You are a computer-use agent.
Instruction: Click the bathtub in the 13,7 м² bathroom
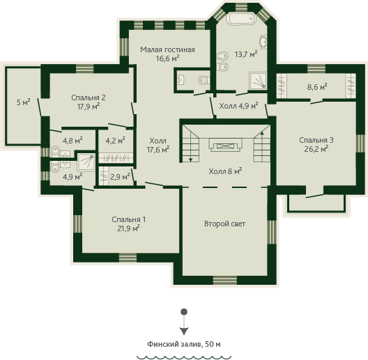click(240, 18)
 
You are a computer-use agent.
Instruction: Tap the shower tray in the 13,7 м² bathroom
click(258, 81)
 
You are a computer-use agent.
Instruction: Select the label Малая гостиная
click(167, 49)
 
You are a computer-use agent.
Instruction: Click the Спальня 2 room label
click(89, 97)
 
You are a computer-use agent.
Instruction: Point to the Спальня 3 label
click(316, 140)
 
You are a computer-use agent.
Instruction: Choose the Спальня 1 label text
click(129, 219)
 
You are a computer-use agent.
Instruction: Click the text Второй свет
click(225, 224)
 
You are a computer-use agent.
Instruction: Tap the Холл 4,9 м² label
click(238, 106)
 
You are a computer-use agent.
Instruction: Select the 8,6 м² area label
click(317, 87)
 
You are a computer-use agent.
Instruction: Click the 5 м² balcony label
click(24, 102)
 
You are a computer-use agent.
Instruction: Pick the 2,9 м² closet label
click(120, 177)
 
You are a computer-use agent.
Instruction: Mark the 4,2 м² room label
click(115, 141)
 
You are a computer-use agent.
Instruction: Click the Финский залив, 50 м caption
click(184, 344)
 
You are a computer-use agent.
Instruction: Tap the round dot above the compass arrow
click(184, 312)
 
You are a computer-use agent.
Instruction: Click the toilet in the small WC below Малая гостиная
click(204, 81)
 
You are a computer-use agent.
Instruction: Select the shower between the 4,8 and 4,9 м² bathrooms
click(86, 162)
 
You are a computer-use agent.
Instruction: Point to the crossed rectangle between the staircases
click(225, 146)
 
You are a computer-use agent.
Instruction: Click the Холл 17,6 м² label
click(158, 145)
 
